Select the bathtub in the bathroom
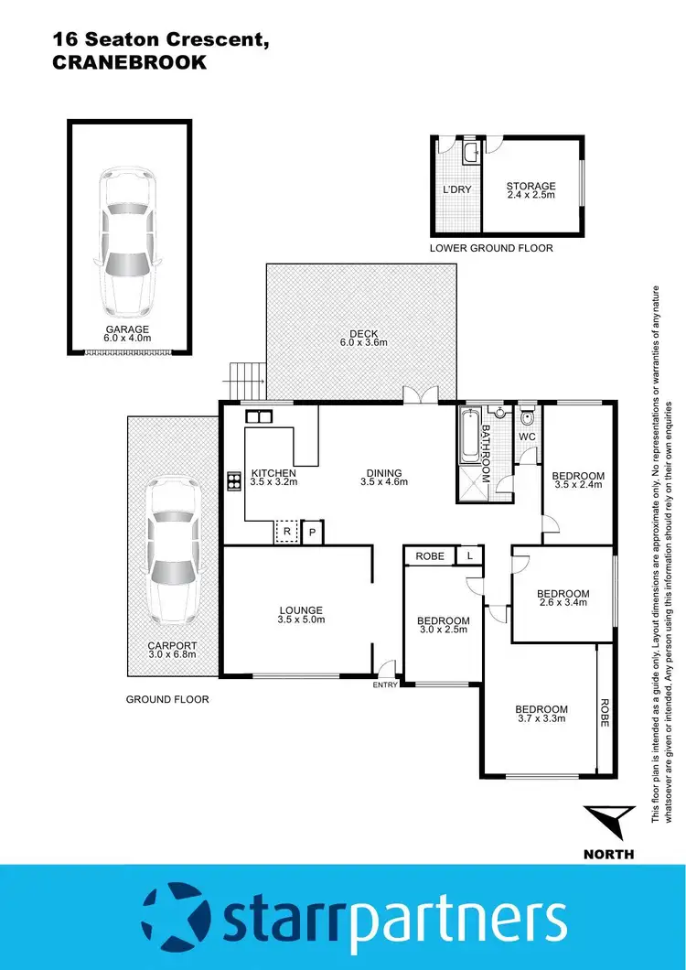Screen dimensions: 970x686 468,436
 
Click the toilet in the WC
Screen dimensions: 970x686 528,418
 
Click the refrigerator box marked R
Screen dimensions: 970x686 287,532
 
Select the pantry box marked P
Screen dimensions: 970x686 312,532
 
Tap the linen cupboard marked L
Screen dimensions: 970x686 470,555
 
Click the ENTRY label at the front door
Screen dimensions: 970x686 385,684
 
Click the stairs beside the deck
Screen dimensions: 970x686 246,375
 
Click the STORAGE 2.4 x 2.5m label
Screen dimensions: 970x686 531,190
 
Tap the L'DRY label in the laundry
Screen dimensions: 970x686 456,189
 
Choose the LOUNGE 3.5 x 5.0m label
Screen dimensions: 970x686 301,615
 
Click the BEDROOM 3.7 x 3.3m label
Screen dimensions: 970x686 541,715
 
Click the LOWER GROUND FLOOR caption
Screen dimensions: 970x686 491,249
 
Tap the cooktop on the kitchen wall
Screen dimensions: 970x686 231,480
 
